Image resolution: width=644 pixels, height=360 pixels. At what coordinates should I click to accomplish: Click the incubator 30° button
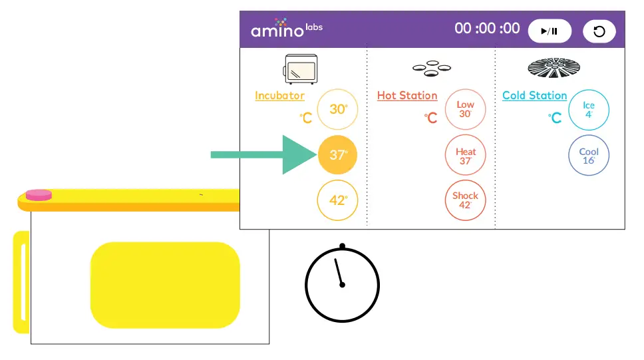338,109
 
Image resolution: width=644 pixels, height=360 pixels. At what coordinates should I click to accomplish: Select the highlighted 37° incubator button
338,155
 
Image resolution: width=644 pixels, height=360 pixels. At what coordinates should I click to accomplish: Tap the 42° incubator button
338,200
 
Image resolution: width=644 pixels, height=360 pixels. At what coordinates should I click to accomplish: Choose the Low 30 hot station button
465,109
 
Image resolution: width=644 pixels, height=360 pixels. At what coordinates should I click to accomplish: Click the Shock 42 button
465,200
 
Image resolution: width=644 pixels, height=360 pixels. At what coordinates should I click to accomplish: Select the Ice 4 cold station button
589,109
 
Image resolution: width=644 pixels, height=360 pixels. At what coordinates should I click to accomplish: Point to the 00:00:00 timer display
487,29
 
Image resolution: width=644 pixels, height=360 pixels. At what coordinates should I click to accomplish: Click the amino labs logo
286,29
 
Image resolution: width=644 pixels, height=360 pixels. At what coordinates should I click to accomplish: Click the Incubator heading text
279,96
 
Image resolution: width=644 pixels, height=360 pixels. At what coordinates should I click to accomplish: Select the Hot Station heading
407,96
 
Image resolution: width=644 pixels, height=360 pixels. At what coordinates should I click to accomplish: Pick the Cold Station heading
534,96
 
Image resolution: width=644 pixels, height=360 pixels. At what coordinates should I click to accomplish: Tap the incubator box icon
301,69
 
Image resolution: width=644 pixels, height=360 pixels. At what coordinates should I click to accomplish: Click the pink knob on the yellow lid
38,194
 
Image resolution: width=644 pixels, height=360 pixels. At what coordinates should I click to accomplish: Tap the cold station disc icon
554,68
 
